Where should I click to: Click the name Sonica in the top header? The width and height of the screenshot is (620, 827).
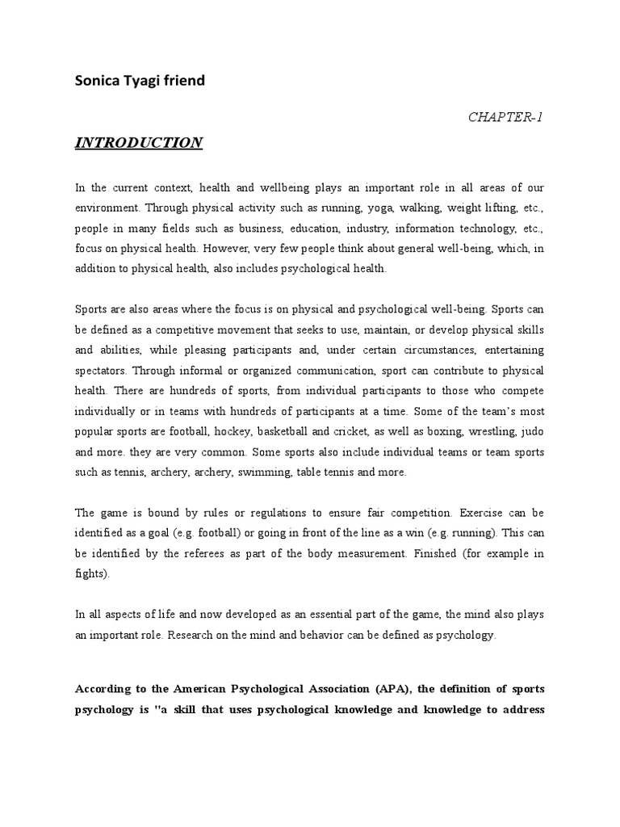(96, 81)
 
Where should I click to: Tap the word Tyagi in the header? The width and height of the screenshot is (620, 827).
(145, 81)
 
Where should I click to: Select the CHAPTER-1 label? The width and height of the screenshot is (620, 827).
(505, 117)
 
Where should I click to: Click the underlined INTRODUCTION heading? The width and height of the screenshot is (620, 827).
(139, 143)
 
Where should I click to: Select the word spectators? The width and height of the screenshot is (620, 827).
(102, 370)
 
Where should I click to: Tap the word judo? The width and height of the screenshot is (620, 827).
(532, 431)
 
